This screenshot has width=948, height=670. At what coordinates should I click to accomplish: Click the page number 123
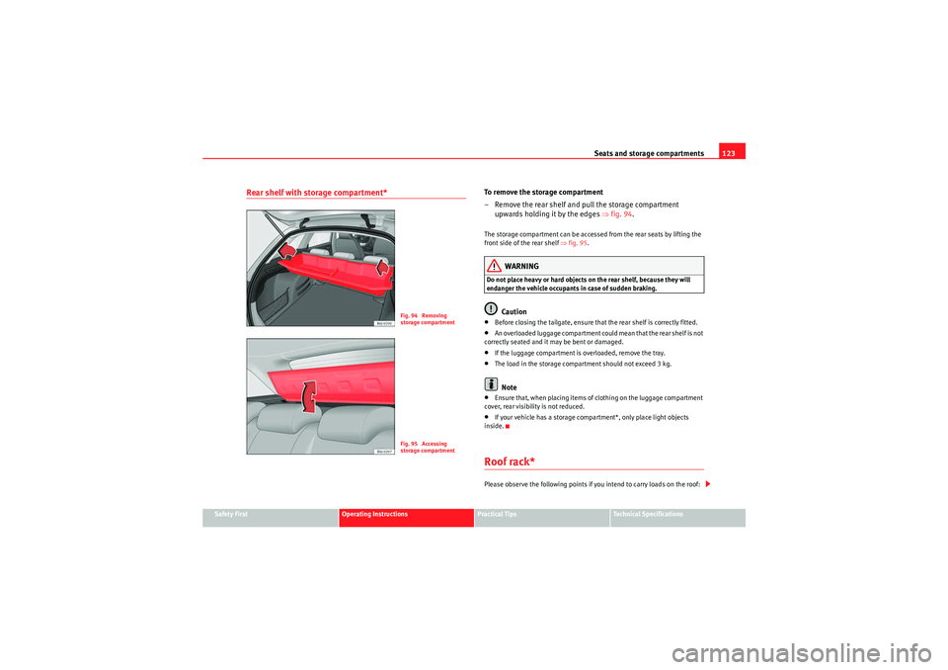732,152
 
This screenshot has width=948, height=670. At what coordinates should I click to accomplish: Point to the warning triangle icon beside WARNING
493,266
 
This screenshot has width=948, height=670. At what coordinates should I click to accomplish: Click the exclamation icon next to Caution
491,310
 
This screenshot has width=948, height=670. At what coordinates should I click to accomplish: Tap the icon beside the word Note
491,385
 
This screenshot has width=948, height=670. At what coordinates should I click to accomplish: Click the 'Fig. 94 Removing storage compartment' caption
428,318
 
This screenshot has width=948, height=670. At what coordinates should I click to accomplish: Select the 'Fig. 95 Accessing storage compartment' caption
428,447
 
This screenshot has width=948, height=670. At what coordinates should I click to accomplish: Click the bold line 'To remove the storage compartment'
543,192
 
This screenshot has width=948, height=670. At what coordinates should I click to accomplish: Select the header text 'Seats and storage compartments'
649,152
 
